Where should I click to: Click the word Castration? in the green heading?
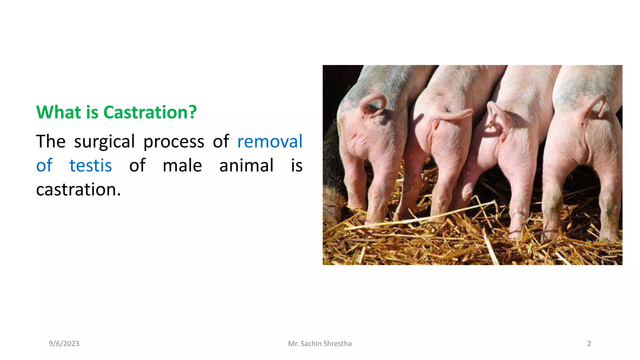150,112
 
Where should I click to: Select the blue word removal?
270,141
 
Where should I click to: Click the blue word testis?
91,165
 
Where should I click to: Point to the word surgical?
104,141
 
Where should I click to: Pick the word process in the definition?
174,141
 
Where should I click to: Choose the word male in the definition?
182,165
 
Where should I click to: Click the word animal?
246,165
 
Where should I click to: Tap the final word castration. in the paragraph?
78,189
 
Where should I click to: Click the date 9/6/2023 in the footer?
64,343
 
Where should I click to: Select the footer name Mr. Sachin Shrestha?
320,343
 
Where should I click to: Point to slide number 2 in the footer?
589,343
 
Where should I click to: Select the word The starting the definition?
51,141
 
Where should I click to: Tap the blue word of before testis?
44,165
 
